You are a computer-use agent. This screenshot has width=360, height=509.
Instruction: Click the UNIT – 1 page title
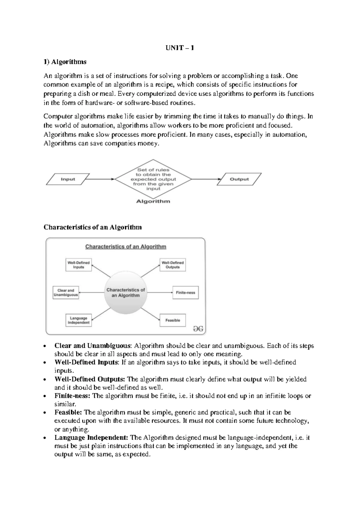tap(180, 48)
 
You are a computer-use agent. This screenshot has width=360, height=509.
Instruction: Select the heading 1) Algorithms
tap(65, 62)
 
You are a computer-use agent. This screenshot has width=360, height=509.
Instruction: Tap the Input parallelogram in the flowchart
tap(68, 179)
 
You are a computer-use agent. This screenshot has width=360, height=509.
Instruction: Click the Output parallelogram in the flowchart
tap(239, 179)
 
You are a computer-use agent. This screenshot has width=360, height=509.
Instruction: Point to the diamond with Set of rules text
tap(153, 179)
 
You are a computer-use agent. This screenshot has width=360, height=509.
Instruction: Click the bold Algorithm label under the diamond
tap(153, 201)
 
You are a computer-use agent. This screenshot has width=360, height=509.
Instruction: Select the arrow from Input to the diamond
tap(100, 179)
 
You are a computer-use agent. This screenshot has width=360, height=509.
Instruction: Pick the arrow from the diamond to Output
tap(206, 179)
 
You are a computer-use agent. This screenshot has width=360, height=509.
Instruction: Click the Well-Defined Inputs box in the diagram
tap(79, 265)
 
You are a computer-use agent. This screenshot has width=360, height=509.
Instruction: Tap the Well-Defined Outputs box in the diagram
tap(172, 265)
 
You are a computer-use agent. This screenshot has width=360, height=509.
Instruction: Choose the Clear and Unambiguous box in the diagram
tap(66, 293)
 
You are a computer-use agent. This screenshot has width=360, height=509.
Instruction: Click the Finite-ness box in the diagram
tap(185, 293)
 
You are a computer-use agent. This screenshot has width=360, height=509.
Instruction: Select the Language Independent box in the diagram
tap(79, 320)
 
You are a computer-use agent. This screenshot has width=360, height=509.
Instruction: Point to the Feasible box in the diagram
tap(172, 320)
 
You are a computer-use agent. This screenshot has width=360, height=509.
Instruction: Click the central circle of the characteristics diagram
tap(126, 293)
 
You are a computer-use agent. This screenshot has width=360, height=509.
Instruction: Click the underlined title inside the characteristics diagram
tap(126, 247)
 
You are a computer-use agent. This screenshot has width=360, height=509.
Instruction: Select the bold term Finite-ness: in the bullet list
tap(72, 396)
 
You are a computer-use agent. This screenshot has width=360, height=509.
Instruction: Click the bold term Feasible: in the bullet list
tap(69, 412)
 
